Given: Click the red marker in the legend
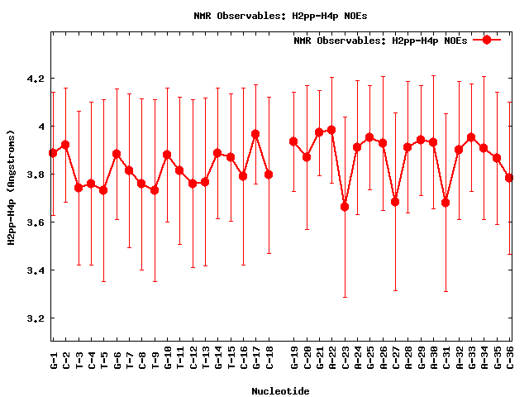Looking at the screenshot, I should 487,40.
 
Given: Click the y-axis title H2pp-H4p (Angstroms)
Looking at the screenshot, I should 12,187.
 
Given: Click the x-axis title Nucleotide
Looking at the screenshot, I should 281,391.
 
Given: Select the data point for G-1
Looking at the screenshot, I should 53,153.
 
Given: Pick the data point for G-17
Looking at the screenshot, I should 256,134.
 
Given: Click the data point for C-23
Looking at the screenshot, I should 345,207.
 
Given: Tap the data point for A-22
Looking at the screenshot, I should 331,130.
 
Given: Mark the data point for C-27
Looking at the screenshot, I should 395,202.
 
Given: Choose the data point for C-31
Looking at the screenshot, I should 446,203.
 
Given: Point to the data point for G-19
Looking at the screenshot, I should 293,141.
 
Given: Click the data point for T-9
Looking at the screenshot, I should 155,190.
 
